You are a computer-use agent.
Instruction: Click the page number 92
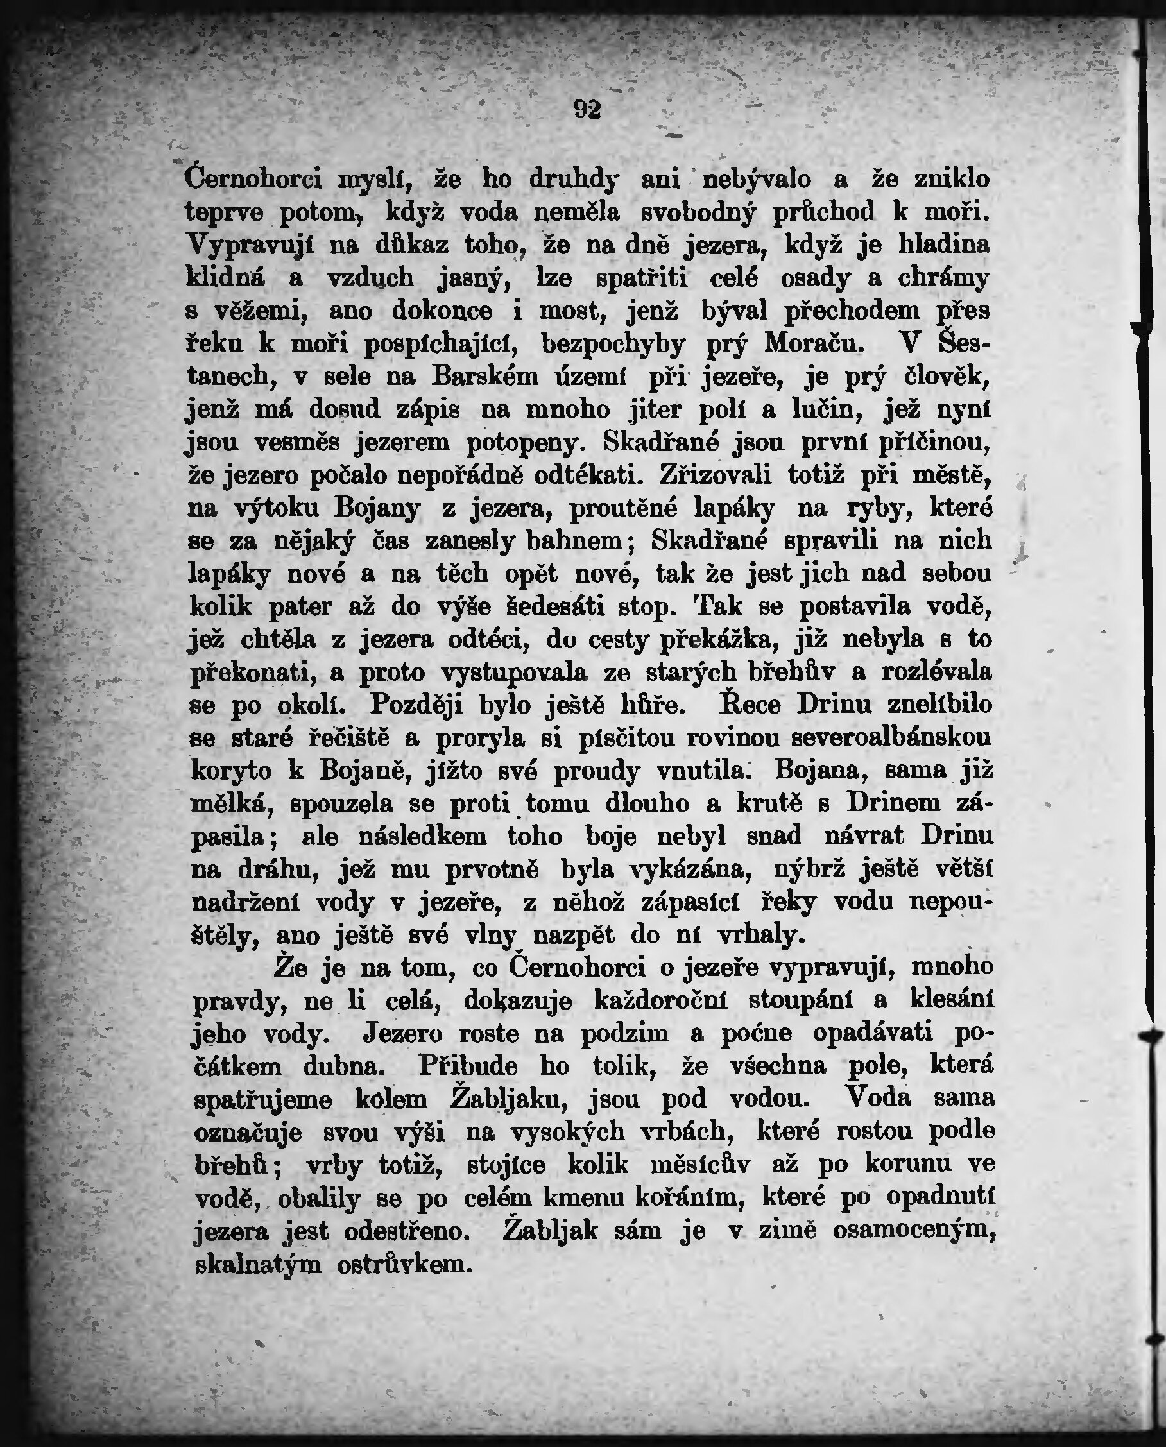587,109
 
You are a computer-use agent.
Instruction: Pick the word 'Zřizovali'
715,475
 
